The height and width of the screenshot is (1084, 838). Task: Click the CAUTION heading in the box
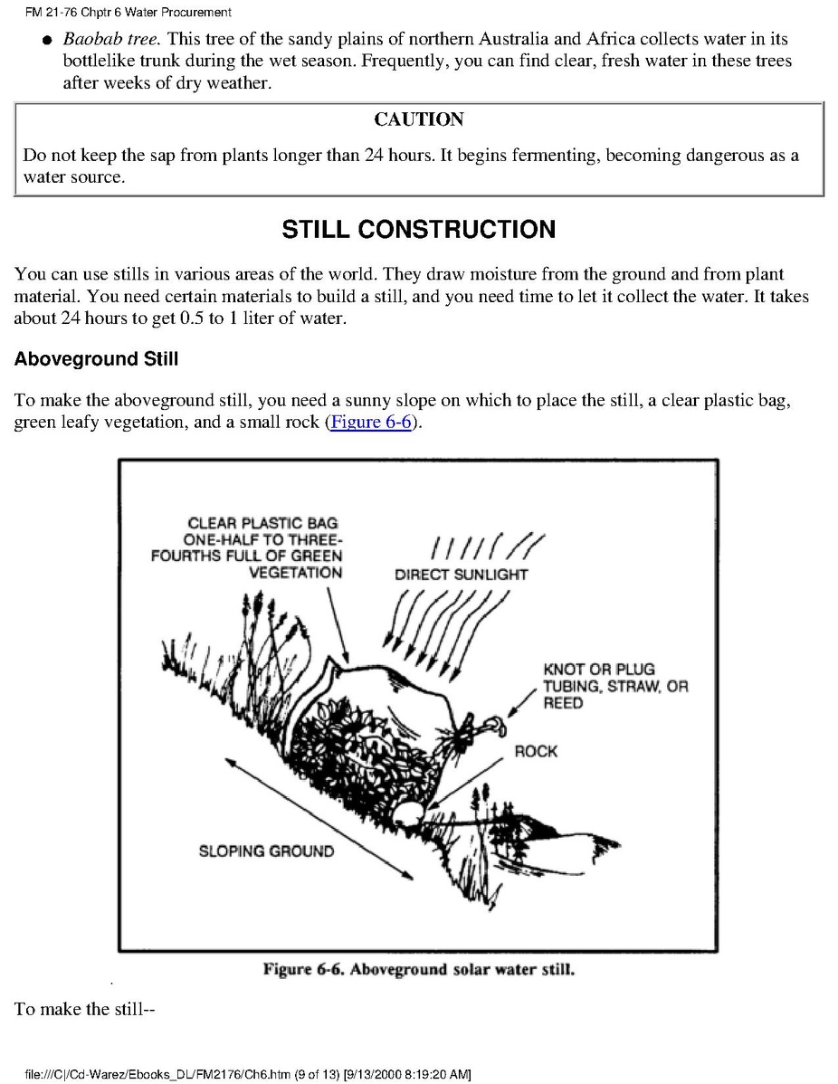pyautogui.click(x=419, y=119)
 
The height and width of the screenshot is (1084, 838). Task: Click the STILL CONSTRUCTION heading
pyautogui.click(x=419, y=230)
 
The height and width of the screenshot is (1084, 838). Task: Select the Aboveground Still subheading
pyautogui.click(x=96, y=359)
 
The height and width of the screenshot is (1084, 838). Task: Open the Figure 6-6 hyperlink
pyautogui.click(x=372, y=423)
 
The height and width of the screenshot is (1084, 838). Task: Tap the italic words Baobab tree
pyautogui.click(x=111, y=40)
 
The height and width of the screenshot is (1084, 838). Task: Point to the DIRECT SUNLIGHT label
pyautogui.click(x=461, y=575)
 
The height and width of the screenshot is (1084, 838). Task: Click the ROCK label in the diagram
pyautogui.click(x=536, y=751)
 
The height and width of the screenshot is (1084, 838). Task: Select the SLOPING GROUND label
pyautogui.click(x=266, y=851)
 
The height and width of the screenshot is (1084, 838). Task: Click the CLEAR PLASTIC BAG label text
pyautogui.click(x=262, y=523)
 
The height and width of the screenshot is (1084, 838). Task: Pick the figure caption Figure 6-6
pyautogui.click(x=419, y=970)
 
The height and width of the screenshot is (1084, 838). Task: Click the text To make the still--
pyautogui.click(x=86, y=1009)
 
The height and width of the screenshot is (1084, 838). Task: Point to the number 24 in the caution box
pyautogui.click(x=375, y=156)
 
